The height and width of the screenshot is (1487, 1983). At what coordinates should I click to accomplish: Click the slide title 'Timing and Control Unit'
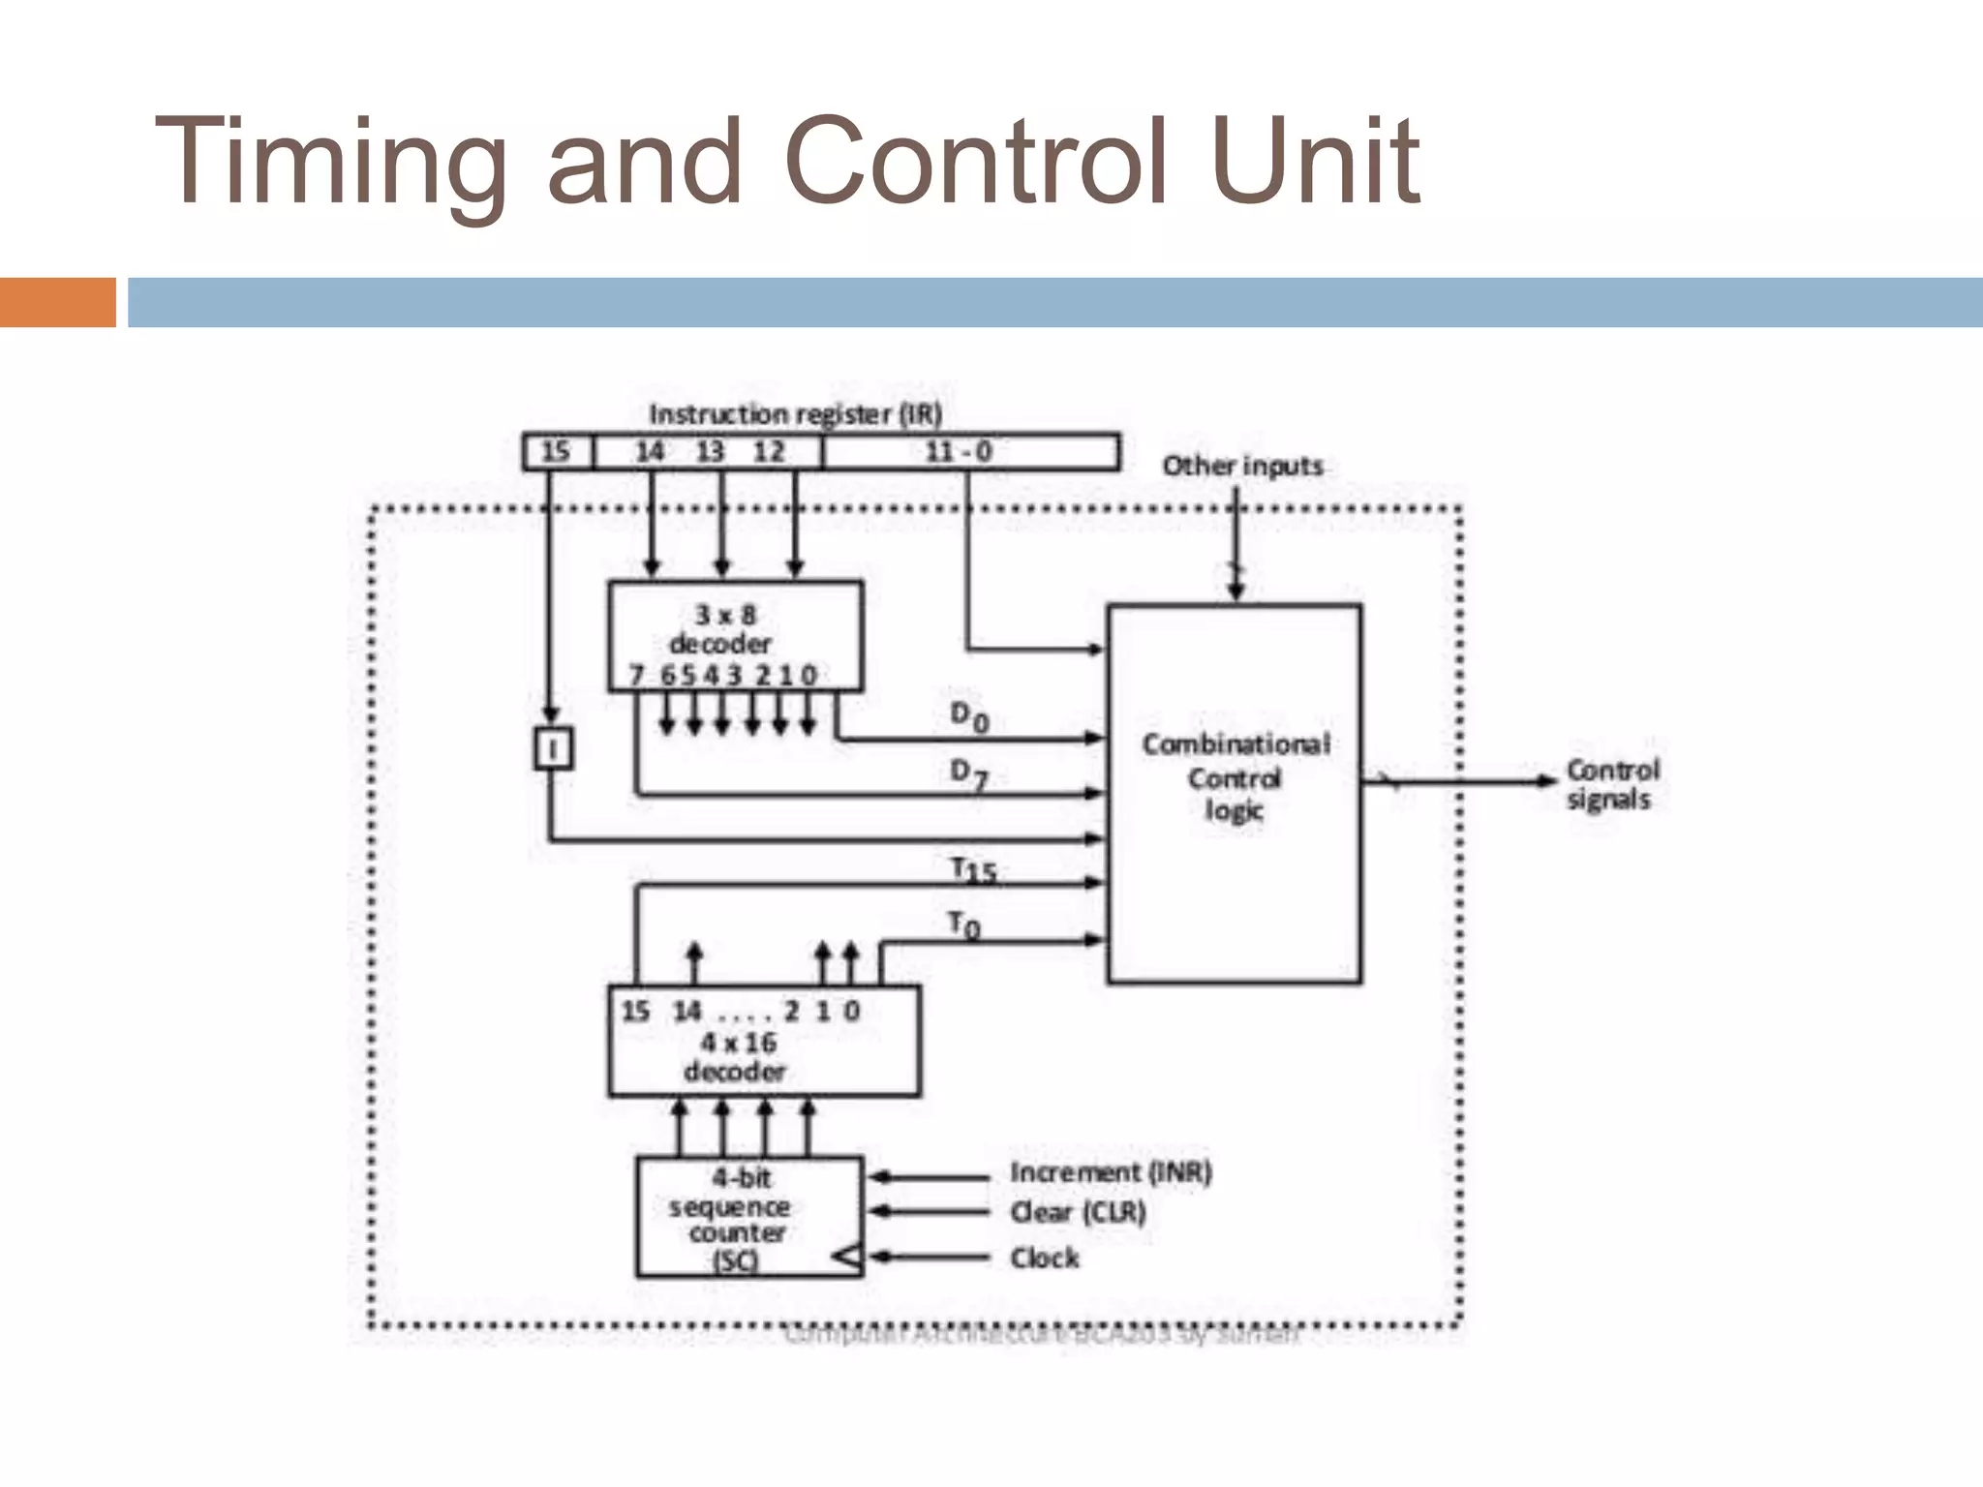[x=786, y=162]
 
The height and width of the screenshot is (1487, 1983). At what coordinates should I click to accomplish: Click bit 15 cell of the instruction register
[x=557, y=452]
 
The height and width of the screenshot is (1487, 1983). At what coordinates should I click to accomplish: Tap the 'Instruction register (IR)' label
[x=795, y=414]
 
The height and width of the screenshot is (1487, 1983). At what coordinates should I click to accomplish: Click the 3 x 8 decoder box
[x=735, y=635]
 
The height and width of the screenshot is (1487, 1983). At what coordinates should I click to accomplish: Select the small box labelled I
[x=554, y=748]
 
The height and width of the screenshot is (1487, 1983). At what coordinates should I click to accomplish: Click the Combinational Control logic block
[x=1235, y=794]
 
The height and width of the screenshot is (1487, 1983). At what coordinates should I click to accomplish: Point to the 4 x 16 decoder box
[x=764, y=1042]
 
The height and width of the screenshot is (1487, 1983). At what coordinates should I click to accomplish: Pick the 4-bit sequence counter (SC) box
[x=748, y=1217]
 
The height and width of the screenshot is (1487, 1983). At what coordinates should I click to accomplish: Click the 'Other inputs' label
[x=1242, y=466]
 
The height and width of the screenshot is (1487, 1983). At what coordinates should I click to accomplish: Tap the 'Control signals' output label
[x=1612, y=784]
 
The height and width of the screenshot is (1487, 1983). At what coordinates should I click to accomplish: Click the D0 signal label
[x=968, y=717]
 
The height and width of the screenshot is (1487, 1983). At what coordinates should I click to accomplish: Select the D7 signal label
[x=968, y=774]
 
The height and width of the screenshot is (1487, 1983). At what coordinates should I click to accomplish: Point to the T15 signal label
[x=973, y=870]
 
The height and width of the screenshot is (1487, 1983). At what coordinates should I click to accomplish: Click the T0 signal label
[x=963, y=926]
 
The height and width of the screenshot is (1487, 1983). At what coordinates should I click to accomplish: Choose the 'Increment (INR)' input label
[x=1111, y=1172]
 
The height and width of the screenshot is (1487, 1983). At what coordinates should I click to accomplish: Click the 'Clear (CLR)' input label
[x=1078, y=1212]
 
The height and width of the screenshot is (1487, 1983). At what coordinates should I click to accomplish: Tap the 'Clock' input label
[x=1044, y=1258]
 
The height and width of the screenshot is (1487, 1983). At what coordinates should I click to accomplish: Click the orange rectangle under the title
[x=57, y=302]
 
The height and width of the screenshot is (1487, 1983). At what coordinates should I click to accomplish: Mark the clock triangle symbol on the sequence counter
[x=847, y=1258]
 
